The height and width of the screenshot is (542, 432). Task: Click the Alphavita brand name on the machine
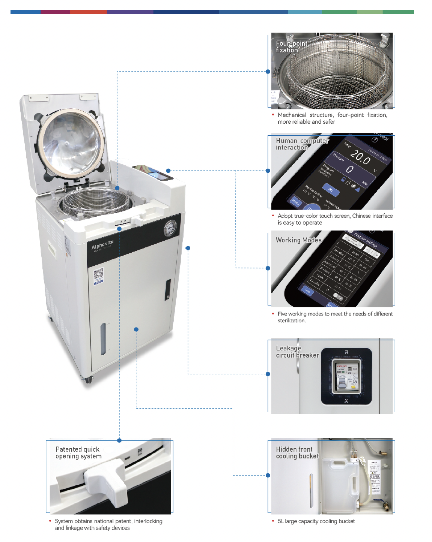(x=102, y=245)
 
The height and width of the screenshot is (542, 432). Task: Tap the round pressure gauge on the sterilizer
(x=170, y=228)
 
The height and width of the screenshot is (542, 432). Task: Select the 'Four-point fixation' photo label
(x=291, y=47)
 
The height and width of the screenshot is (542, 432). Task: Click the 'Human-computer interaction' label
(x=302, y=144)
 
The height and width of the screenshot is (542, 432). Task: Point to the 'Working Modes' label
(x=298, y=240)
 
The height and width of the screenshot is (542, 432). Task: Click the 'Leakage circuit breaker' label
(x=297, y=352)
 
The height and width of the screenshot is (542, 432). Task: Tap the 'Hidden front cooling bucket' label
(x=297, y=453)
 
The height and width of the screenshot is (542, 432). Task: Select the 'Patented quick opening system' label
(x=78, y=453)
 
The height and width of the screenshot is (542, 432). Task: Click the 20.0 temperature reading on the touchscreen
(x=360, y=158)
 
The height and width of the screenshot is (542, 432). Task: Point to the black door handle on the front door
(x=168, y=289)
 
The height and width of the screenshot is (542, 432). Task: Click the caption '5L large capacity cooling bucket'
(x=316, y=521)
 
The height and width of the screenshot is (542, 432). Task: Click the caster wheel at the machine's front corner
(x=88, y=380)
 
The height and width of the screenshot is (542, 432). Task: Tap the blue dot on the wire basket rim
(x=117, y=188)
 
